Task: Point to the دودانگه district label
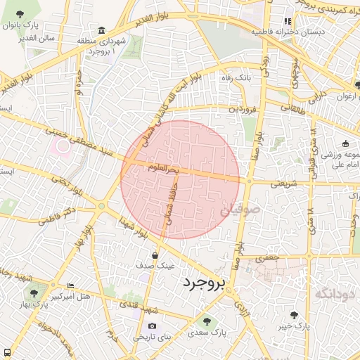pyautogui.click(x=333, y=294)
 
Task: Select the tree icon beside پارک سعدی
pyautogui.click(x=207, y=321)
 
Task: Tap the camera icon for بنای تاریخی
pyautogui.click(x=153, y=326)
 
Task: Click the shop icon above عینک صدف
pyautogui.click(x=154, y=255)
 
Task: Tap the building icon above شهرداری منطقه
pyautogui.click(x=102, y=30)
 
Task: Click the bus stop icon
pyautogui.click(x=6, y=352)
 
